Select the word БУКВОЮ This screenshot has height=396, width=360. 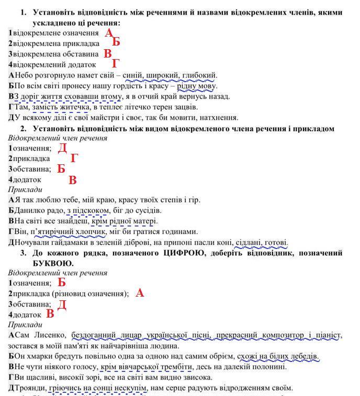53,263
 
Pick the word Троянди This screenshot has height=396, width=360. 30,388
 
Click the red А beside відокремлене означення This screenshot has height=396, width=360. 109,33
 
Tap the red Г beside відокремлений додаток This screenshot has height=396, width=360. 116,64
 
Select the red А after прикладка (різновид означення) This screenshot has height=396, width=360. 140,293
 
